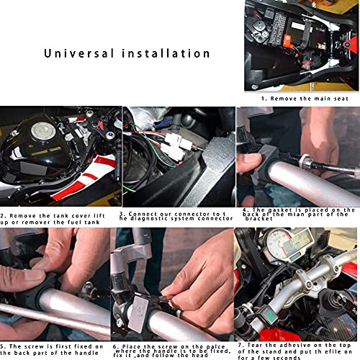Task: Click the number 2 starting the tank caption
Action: (2, 215)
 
